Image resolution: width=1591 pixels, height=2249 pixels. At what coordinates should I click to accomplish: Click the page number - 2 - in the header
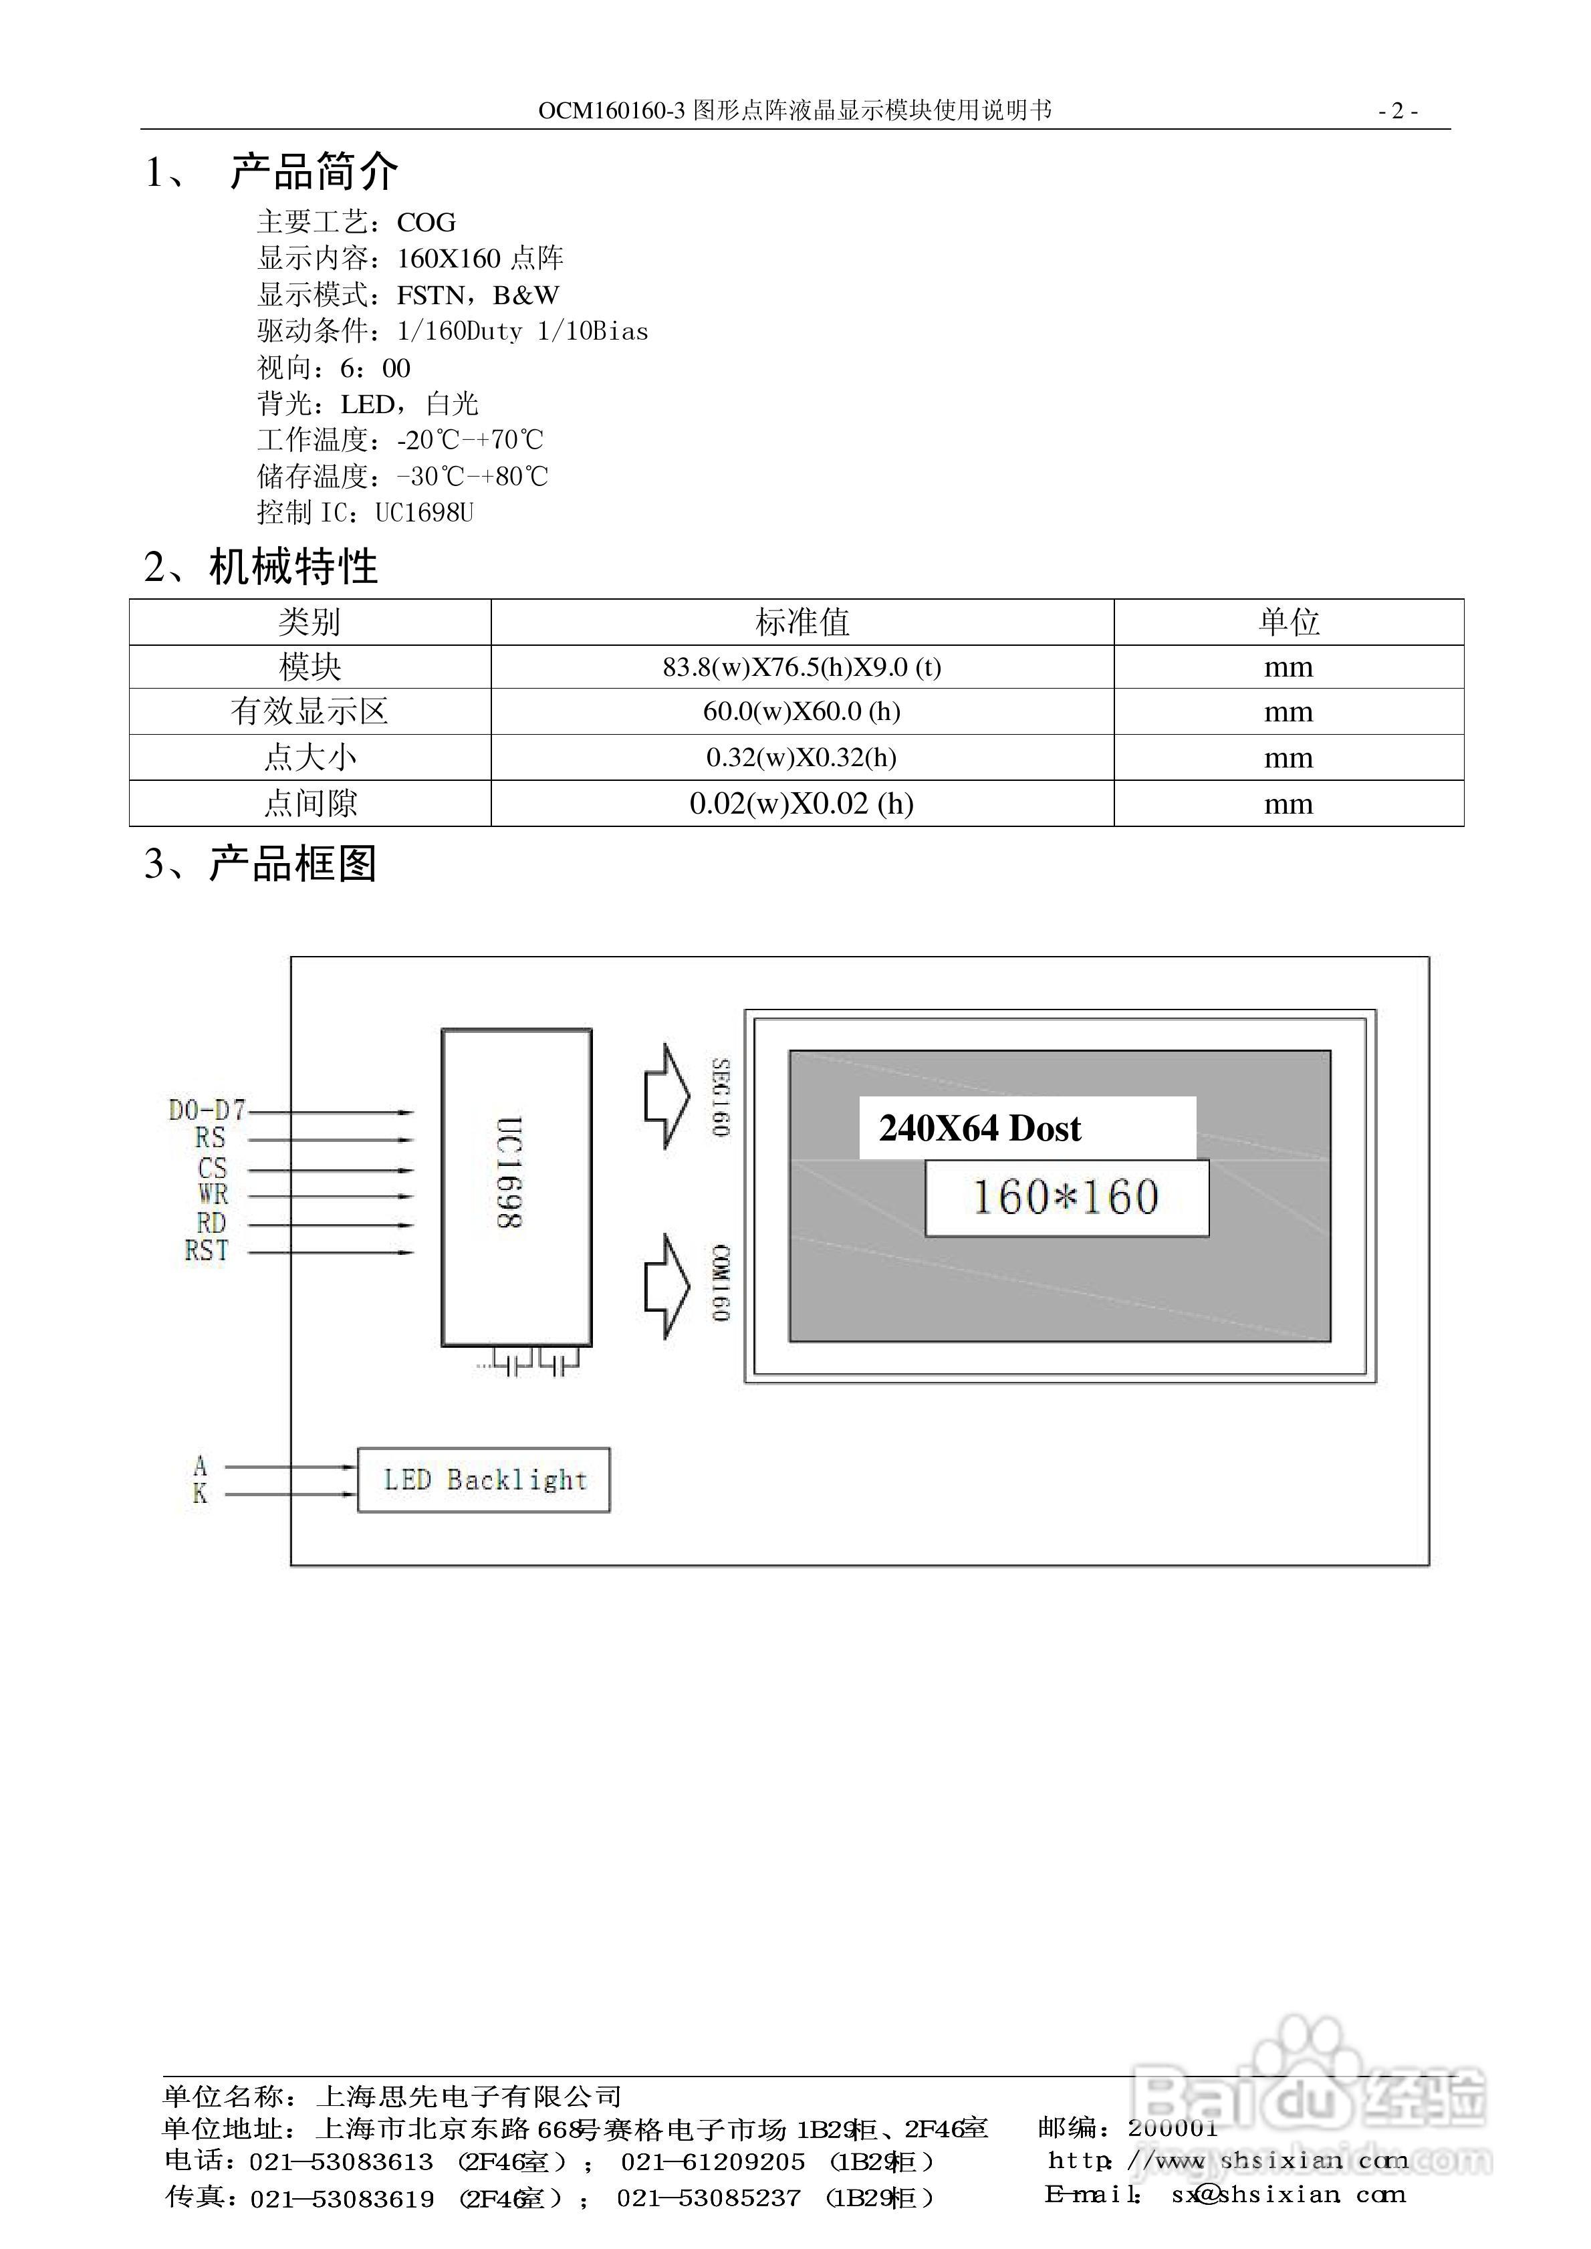[1398, 111]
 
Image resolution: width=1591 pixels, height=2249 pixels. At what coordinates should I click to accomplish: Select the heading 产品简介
[314, 172]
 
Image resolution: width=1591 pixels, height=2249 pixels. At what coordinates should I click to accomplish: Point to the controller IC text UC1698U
[424, 512]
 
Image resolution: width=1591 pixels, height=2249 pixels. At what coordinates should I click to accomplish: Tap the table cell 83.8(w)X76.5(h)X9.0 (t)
[802, 667]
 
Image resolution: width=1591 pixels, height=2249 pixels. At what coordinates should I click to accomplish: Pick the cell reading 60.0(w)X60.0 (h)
[802, 711]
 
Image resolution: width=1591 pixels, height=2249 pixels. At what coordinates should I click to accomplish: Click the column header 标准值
[802, 622]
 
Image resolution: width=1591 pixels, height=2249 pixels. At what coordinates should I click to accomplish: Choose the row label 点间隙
[310, 803]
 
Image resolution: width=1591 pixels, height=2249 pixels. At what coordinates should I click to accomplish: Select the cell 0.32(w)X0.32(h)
[802, 757]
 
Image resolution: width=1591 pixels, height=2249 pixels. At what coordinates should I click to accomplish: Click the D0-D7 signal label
[207, 1110]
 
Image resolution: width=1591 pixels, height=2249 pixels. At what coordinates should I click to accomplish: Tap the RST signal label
[207, 1251]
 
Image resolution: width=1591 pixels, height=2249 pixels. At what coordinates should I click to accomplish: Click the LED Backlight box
[484, 1479]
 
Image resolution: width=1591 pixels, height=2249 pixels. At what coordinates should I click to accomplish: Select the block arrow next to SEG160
[667, 1096]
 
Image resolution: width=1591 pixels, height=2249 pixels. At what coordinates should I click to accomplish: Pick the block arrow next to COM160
[667, 1286]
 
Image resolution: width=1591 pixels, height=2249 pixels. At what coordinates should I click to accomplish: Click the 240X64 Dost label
[980, 1129]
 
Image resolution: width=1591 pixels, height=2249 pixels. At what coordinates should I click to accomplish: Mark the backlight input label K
[200, 1494]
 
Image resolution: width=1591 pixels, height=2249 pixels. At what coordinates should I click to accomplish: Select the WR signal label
[213, 1194]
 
